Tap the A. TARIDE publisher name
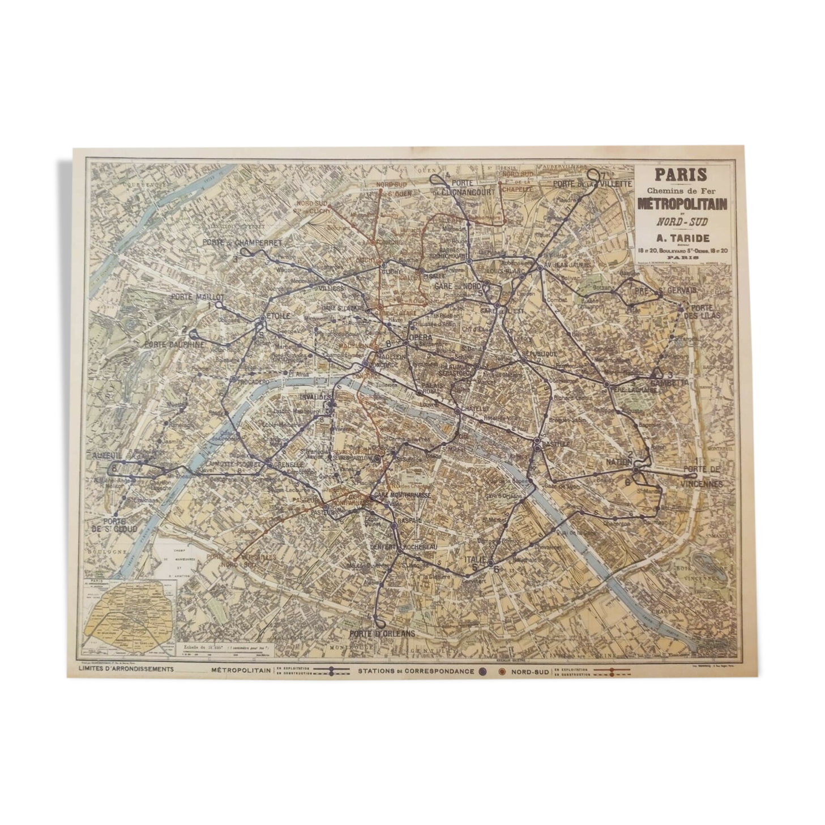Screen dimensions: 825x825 coord(683,238)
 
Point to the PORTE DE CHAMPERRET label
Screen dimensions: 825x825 coord(242,242)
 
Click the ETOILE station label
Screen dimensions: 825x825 coord(277,315)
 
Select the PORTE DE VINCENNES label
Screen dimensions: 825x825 coord(702,477)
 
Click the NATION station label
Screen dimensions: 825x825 coord(618,462)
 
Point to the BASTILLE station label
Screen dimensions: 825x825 coord(555,444)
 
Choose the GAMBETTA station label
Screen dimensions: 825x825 coord(673,382)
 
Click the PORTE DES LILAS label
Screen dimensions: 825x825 coord(702,311)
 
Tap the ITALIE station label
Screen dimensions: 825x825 coord(475,559)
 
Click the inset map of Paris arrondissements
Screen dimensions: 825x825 coord(129,615)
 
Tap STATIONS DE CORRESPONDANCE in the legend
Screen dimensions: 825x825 coord(416,671)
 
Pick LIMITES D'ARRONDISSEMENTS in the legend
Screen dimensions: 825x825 coord(127,669)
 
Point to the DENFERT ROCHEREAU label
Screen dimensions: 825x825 coord(403,547)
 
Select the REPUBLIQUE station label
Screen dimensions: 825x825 coord(539,353)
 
